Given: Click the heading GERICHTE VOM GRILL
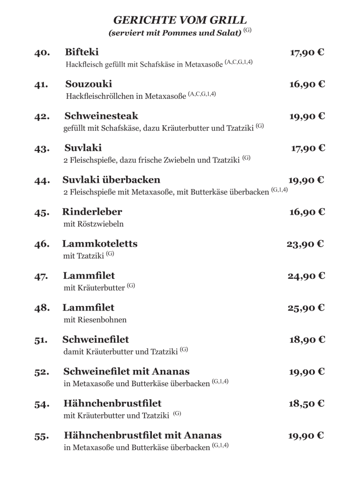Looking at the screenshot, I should [x=180, y=20].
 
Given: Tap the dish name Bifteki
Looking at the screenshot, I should [x=82, y=52].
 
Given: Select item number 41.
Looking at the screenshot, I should [x=42, y=85].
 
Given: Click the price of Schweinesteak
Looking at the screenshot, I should [x=307, y=116].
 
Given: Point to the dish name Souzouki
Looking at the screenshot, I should [x=89, y=84].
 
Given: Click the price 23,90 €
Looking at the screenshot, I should [x=306, y=244].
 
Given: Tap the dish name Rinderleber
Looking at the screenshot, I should [x=92, y=212].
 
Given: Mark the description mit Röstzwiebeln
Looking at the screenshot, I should [x=93, y=224].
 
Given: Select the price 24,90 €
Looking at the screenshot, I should [x=306, y=276].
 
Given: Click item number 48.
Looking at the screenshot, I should [x=42, y=308].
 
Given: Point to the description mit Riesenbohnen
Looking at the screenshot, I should [x=95, y=320].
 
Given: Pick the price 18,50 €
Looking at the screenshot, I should [x=307, y=404].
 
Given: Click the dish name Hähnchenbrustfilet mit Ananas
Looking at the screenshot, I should [x=142, y=435].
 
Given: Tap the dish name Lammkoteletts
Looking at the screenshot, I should [x=100, y=244].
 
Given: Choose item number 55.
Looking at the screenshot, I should [x=42, y=436].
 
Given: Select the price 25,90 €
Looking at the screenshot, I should [x=306, y=308].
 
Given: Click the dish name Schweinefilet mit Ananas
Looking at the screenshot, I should [x=127, y=372].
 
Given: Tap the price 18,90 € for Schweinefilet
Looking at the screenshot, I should [x=307, y=340].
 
